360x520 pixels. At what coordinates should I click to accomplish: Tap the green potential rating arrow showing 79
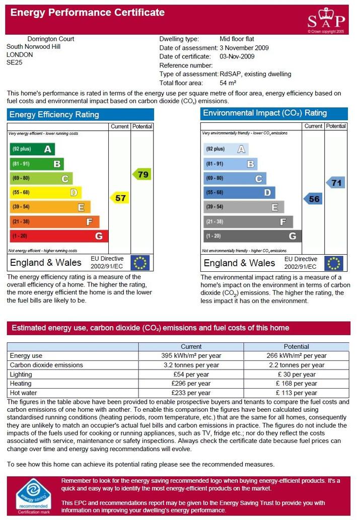pos(142,174)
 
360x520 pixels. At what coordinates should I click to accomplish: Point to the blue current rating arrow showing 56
pos(313,199)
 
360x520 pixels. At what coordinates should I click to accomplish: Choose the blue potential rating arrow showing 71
pos(335,183)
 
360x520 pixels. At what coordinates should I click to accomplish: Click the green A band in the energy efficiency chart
pos(32,149)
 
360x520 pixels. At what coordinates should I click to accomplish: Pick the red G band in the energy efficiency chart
pos(59,236)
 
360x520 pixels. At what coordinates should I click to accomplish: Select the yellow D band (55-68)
pos(45,192)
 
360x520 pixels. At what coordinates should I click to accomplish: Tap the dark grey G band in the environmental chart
pos(252,236)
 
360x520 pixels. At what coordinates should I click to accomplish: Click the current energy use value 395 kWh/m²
pos(191,355)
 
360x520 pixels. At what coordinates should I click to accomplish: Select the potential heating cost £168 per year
pos(296,384)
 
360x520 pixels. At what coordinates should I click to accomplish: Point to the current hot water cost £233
pos(191,393)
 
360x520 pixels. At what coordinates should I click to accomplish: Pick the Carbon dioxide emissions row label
pos(46,365)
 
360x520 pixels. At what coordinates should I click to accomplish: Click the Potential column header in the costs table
pos(296,346)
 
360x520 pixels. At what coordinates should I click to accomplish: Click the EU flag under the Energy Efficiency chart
pos(140,263)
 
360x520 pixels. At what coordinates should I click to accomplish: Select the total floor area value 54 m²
pos(228,83)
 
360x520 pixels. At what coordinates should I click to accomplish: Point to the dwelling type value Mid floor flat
pos(237,39)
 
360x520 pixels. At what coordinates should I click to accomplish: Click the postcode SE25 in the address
pos(14,62)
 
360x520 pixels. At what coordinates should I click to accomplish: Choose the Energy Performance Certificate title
pos(88,13)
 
